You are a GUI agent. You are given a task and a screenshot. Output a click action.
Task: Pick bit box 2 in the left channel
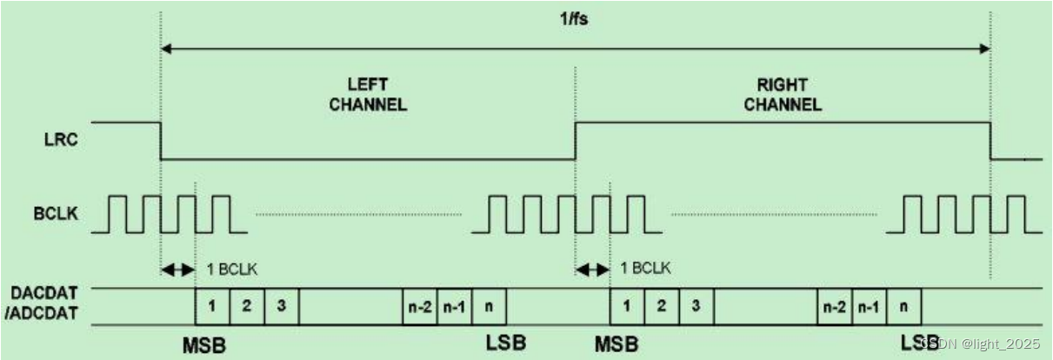tap(247, 306)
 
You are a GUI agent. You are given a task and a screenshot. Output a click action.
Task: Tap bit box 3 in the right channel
tap(696, 306)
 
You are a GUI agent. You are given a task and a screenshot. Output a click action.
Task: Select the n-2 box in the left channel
tap(419, 306)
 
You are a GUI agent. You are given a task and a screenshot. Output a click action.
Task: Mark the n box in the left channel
tap(488, 306)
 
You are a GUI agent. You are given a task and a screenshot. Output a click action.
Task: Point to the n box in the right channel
tap(903, 306)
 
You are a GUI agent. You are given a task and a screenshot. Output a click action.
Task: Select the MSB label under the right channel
tap(618, 344)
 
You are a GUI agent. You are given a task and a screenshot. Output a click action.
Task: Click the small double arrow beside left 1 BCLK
tap(178, 270)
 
